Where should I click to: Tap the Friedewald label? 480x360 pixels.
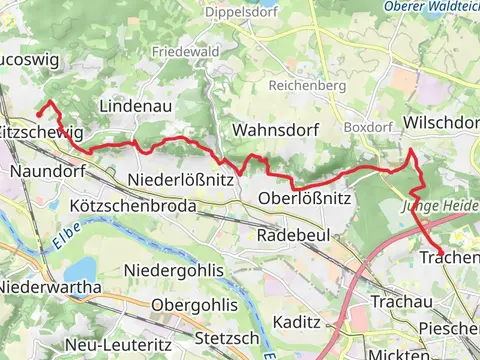(x=187, y=50)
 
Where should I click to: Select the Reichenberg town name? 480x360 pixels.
(x=307, y=85)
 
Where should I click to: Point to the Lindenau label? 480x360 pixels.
(x=136, y=105)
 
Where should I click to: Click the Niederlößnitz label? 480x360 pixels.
(x=182, y=180)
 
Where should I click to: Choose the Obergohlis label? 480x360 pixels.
(x=195, y=304)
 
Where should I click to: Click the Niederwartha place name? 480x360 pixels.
(x=50, y=287)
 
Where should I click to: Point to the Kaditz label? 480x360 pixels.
(x=296, y=322)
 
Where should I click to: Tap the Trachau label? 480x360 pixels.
(x=400, y=301)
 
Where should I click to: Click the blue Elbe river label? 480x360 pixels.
(x=59, y=238)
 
